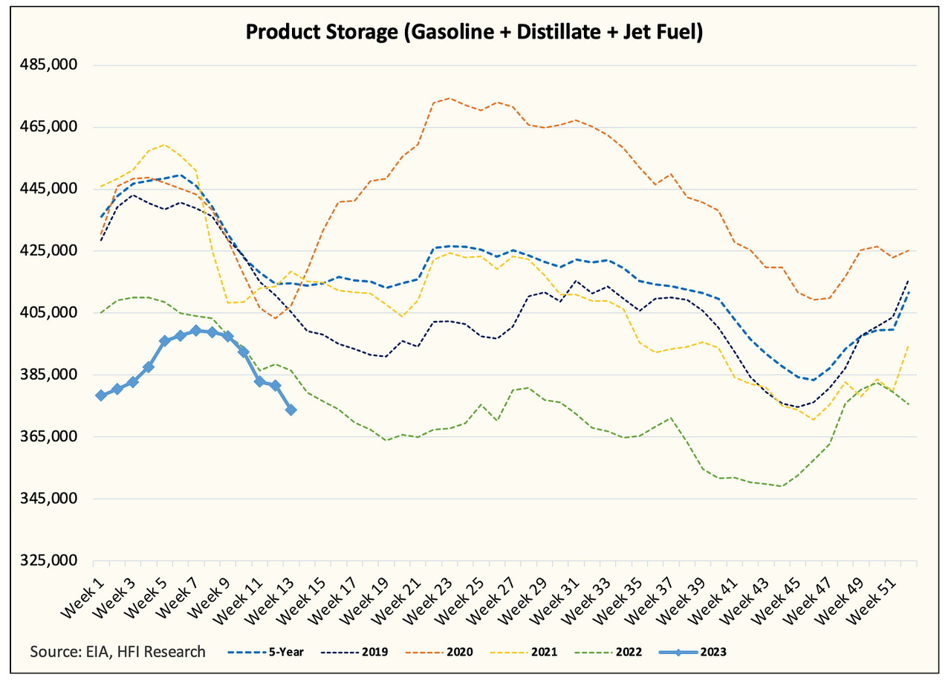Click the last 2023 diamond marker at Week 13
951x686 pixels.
click(291, 410)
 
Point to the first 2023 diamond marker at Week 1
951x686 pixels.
click(101, 395)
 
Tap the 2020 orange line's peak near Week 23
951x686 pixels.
click(449, 98)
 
